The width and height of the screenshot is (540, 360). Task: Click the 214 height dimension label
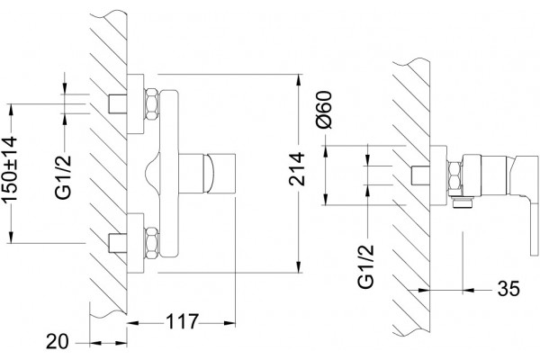pyautogui.click(x=297, y=169)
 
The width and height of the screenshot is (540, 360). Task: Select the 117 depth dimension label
pyautogui.click(x=182, y=322)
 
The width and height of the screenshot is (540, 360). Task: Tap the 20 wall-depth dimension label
pyautogui.click(x=58, y=342)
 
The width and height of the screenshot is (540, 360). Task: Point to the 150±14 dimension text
pyautogui.click(x=9, y=169)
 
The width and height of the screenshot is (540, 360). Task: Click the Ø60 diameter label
pyautogui.click(x=324, y=110)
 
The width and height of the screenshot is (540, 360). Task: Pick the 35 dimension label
pyautogui.click(x=508, y=289)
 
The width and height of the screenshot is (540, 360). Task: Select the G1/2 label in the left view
pyautogui.click(x=64, y=177)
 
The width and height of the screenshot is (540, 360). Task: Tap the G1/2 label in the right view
pyautogui.click(x=365, y=266)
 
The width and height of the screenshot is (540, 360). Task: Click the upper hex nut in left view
pyautogui.click(x=152, y=104)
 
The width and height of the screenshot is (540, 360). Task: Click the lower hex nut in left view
pyautogui.click(x=152, y=243)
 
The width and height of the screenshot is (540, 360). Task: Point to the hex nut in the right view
pyautogui.click(x=454, y=175)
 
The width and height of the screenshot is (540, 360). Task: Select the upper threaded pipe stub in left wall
pyautogui.click(x=118, y=103)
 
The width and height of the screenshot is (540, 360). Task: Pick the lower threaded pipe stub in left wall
pyautogui.click(x=118, y=243)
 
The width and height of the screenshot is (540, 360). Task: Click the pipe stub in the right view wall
pyautogui.click(x=420, y=175)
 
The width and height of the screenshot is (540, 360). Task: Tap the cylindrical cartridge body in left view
pyautogui.click(x=207, y=174)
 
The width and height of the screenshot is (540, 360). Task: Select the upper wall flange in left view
pyautogui.click(x=135, y=103)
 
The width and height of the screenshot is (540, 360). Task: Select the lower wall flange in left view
pyautogui.click(x=135, y=243)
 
